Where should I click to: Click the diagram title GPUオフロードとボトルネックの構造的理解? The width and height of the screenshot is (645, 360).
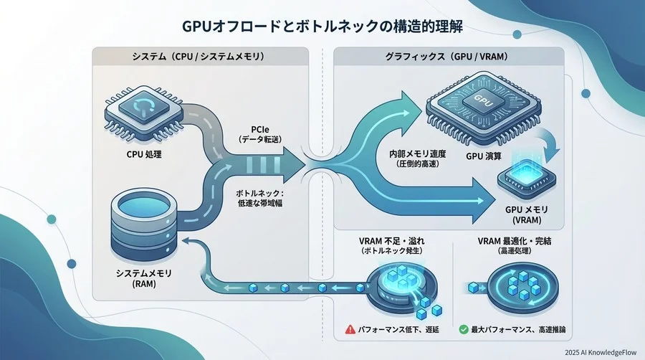click(322, 27)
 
